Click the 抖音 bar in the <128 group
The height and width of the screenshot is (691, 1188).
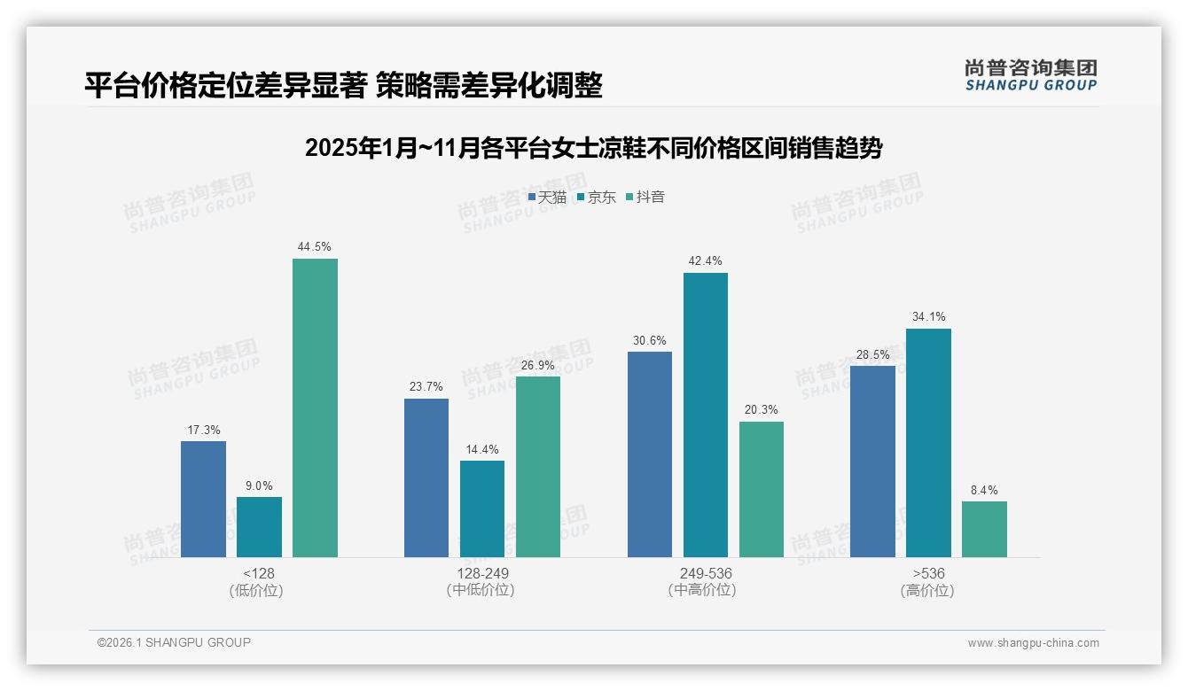pyautogui.click(x=315, y=408)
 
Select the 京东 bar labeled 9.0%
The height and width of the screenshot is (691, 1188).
pyautogui.click(x=259, y=527)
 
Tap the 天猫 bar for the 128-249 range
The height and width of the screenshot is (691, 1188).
pyautogui.click(x=426, y=477)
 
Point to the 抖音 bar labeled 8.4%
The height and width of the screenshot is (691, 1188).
pyautogui.click(x=984, y=529)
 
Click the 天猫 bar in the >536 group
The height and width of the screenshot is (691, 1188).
pyautogui.click(x=872, y=461)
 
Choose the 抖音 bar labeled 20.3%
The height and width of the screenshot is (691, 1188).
pyautogui.click(x=762, y=489)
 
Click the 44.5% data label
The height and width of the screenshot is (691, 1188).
pyautogui.click(x=315, y=247)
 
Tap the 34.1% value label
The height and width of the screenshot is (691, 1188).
pyautogui.click(x=928, y=317)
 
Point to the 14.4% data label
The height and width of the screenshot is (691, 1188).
pyautogui.click(x=482, y=450)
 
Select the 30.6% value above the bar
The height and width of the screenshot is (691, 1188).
pyautogui.click(x=650, y=340)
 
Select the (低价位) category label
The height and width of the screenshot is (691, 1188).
pyautogui.click(x=256, y=590)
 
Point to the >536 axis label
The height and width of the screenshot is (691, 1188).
pyautogui.click(x=927, y=573)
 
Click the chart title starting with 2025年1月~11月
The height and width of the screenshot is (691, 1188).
pyautogui.click(x=593, y=148)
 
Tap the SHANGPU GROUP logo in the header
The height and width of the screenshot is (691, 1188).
pyautogui.click(x=1030, y=75)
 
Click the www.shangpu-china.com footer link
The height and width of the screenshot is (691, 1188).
pyautogui.click(x=1033, y=643)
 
